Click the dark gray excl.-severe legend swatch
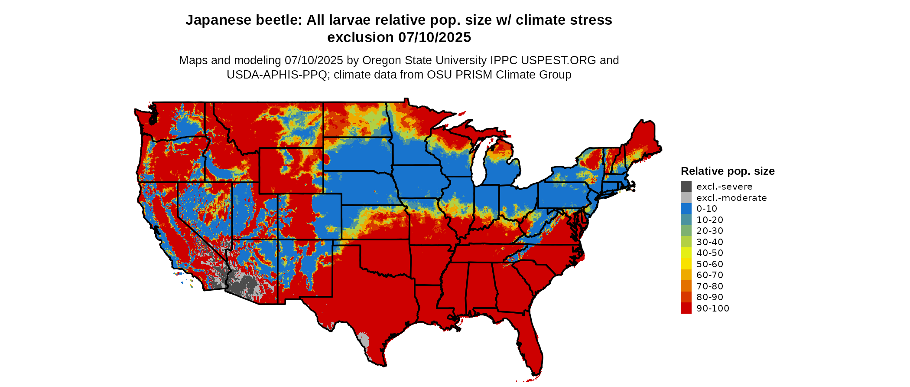[x=686, y=187]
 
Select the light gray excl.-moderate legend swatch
[x=686, y=197]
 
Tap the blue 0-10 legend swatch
[x=686, y=209]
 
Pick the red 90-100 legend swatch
[x=686, y=308]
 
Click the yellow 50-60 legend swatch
[x=686, y=264]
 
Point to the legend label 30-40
[x=710, y=242]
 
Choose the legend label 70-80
[x=710, y=286]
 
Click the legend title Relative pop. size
[x=728, y=171]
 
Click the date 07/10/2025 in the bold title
[x=435, y=37]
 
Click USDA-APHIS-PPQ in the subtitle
[x=276, y=75]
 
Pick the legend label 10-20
[x=710, y=220]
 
